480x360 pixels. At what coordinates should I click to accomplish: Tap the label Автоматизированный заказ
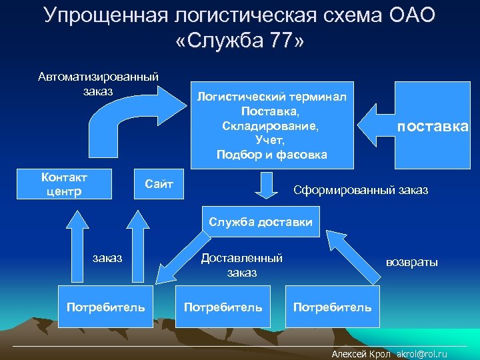[98, 83]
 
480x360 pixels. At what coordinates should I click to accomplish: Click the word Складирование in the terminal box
[271, 125]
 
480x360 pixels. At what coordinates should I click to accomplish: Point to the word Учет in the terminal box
[271, 140]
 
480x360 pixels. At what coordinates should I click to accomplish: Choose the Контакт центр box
[64, 185]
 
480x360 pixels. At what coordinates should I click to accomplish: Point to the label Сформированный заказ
[361, 191]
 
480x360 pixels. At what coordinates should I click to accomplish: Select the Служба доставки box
[260, 223]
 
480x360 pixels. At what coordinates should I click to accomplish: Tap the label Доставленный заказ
[241, 265]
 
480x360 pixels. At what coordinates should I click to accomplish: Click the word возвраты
[412, 262]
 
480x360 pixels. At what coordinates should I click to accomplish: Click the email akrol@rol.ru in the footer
[422, 354]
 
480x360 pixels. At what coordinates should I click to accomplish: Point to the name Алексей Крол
[361, 354]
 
